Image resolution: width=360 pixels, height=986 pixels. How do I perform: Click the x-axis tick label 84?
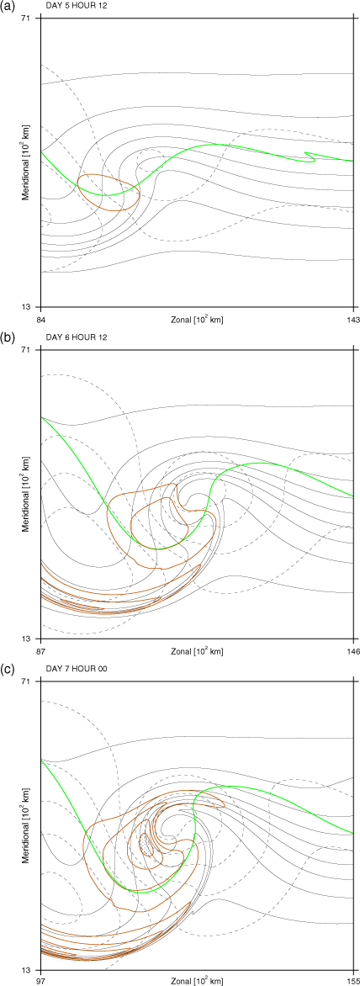(x=41, y=320)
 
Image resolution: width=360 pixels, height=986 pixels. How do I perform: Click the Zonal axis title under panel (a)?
(x=197, y=320)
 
